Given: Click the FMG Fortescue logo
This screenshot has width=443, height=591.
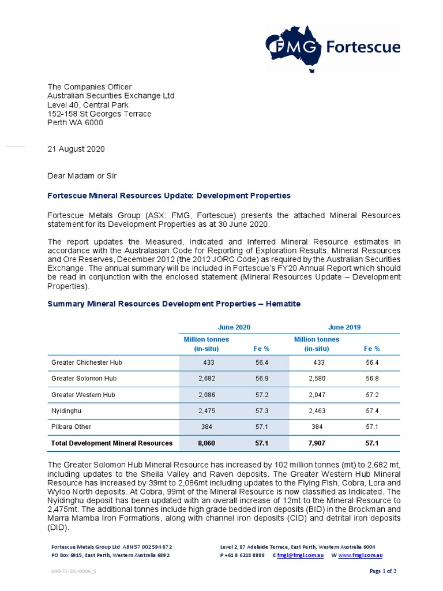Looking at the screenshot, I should tap(333, 46).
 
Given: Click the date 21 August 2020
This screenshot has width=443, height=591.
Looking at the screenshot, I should tap(76, 148).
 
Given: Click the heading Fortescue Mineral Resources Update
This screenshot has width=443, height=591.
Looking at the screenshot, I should tap(168, 196).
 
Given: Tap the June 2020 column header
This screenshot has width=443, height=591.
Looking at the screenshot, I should tap(234, 327).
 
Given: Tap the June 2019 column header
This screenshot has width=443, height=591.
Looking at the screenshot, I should tap(344, 327).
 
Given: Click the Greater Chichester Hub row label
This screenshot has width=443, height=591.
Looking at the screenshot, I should tap(87, 362).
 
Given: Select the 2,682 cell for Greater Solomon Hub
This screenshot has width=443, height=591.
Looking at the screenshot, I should tap(206, 379).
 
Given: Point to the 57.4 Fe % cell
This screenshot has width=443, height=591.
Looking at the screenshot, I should tap(372, 411).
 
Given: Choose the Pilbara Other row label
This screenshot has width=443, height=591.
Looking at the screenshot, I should tap(72, 427).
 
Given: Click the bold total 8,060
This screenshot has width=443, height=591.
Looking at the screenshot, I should tap(206, 443).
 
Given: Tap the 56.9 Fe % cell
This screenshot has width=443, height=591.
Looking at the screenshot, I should tap(261, 379).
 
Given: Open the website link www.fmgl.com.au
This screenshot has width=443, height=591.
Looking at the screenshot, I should tap(361, 555).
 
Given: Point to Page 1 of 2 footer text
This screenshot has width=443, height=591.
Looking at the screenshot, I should tap(382, 571).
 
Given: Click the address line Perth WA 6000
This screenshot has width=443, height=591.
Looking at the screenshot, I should tap(75, 123).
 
